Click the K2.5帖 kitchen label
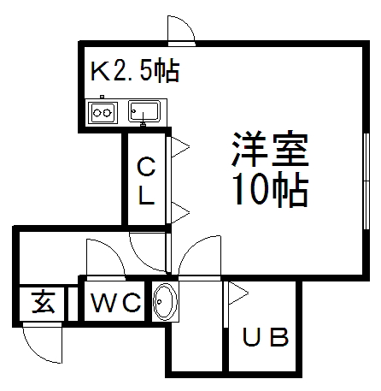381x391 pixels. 135,70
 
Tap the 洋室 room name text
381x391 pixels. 271,149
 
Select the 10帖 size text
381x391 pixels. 271,189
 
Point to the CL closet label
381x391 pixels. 146,181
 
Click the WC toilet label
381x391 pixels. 116,302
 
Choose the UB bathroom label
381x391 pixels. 266,337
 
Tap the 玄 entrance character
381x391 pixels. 43,302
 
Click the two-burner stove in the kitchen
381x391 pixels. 103,113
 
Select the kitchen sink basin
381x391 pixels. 144,111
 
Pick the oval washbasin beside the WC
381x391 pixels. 165,301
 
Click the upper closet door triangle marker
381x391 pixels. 180,147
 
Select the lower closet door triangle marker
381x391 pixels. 180,212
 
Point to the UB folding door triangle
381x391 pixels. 238,293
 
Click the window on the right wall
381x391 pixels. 366,181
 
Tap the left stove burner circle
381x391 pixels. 97,113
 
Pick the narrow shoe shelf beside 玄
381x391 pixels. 73,304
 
